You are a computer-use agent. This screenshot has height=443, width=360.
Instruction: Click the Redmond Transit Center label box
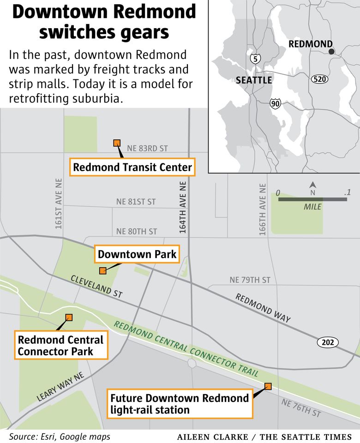[132, 167]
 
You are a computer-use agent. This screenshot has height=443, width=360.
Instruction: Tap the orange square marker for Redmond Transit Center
[117, 143]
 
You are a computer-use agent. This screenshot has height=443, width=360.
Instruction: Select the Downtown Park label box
[137, 254]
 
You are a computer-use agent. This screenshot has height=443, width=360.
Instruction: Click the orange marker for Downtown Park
[102, 270]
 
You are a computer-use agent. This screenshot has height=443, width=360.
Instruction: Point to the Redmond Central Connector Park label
[61, 346]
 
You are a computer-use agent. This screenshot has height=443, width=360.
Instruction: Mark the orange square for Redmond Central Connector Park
[69, 317]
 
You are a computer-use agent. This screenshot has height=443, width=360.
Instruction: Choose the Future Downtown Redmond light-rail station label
[180, 404]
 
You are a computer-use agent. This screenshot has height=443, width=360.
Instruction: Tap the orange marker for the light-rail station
[268, 386]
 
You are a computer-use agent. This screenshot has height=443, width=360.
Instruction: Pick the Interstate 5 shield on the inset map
[255, 59]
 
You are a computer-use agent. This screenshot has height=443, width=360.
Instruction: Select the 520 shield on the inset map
[319, 79]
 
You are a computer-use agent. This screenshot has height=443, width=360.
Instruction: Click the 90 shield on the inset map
[275, 103]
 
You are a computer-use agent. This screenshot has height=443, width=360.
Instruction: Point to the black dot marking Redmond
[331, 52]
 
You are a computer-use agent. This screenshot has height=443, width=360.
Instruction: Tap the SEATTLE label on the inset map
[254, 80]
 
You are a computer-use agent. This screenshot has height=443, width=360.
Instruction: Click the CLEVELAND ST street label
[96, 286]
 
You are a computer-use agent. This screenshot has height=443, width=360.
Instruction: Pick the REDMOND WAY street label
[263, 308]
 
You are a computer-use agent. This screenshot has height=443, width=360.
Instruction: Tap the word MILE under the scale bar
[312, 207]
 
